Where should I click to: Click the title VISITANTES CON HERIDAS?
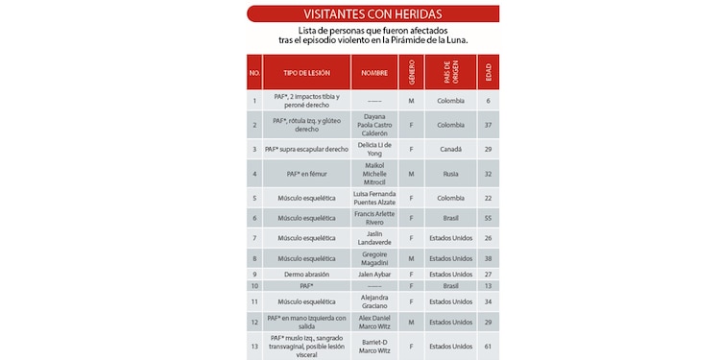[373, 13]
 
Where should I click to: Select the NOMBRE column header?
[374, 73]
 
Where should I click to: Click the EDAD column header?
[489, 73]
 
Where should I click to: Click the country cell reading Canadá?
[450, 149]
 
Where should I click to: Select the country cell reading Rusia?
[450, 174]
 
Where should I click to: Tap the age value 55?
[489, 219]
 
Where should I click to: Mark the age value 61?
[489, 347]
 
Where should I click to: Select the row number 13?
[254, 347]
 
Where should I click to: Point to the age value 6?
[489, 100]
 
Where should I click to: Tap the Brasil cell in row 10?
[450, 286]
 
